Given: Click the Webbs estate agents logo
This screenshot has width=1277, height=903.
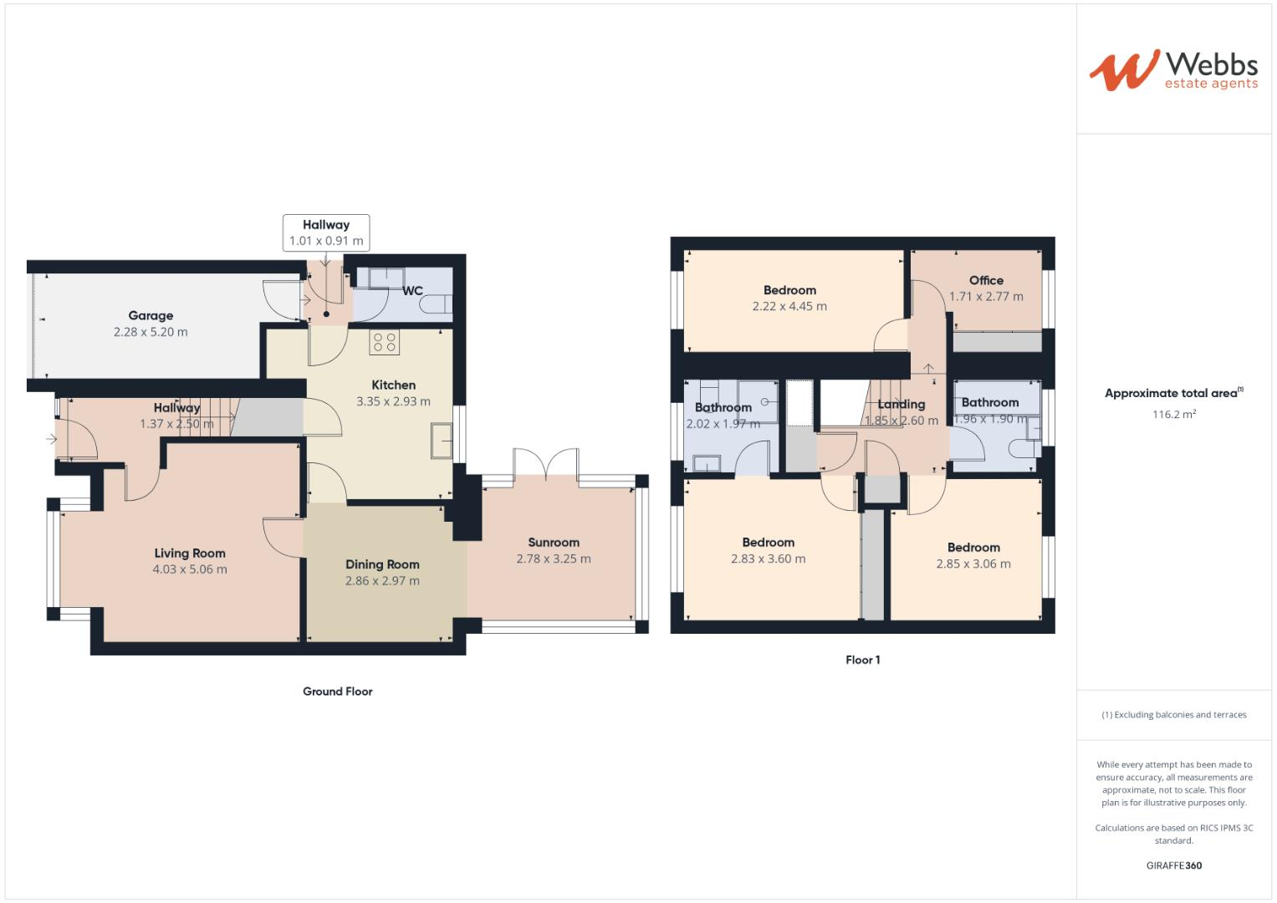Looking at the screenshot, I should (1173, 70).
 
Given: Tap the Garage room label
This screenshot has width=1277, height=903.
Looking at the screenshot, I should (151, 315).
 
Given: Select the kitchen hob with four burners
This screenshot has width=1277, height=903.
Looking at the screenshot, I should (385, 341).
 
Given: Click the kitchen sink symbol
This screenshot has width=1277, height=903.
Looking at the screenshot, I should (442, 441).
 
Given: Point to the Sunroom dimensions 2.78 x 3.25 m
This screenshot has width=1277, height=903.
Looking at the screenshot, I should (554, 559).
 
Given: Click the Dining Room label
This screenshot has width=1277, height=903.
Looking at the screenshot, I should (382, 564).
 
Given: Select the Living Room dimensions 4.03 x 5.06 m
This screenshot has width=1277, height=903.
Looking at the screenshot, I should (190, 569).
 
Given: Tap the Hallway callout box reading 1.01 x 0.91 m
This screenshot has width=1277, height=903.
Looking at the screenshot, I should (326, 232).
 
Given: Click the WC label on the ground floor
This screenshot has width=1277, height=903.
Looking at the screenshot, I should (412, 291).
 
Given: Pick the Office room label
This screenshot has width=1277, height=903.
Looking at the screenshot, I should (986, 280).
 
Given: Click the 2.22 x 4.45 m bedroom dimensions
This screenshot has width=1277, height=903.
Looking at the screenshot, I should (789, 307).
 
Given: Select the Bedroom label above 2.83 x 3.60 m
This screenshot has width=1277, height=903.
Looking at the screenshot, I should (768, 542).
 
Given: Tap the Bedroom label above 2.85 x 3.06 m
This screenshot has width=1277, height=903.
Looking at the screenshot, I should (973, 548).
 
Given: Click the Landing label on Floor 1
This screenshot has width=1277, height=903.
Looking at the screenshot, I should (902, 404).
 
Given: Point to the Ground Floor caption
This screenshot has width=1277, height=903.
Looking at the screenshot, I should (338, 691).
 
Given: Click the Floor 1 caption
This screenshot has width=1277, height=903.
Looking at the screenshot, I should (862, 660).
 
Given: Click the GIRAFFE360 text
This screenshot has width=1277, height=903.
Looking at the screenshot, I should (1173, 865).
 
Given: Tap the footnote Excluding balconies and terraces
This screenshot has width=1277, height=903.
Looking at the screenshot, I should (1174, 715).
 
